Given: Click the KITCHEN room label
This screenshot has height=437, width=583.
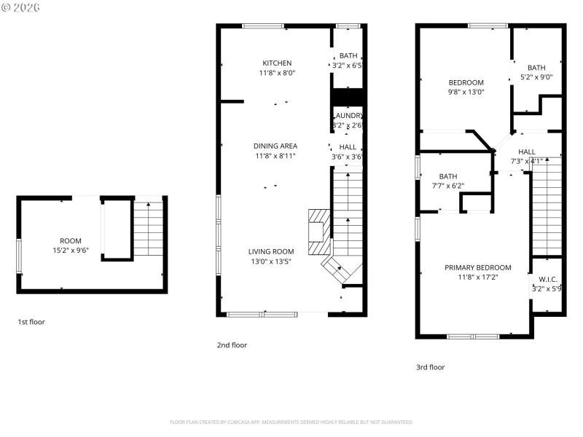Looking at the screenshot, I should pos(277,63).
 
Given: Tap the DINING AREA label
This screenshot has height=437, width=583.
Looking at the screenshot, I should pos(275,146).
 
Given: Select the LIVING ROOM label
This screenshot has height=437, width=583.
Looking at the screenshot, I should pos(270,251).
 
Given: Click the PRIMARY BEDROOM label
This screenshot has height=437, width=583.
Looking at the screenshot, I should pos(477,267).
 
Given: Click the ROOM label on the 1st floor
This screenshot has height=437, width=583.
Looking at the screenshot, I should pos(71,240).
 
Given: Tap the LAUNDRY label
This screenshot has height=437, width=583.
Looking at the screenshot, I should pos(348,116).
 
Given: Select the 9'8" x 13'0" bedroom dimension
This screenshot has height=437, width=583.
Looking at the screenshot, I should pos(466,92).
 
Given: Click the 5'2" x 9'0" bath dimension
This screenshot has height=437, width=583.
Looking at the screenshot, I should pos(536,77).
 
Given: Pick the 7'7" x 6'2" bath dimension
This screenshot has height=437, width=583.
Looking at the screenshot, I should pos(447,186).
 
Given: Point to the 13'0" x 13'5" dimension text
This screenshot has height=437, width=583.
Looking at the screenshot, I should pos(270,261).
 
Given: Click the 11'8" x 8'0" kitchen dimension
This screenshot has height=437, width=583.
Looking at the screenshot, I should pos(277,73).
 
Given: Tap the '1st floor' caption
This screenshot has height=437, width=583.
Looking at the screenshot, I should pos(31,321).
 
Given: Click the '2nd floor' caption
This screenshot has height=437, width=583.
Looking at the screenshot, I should pos(232,345).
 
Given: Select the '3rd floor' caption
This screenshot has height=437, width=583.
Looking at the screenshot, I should pos(430,367).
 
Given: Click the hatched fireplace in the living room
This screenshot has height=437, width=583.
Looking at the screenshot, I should pos(319,232).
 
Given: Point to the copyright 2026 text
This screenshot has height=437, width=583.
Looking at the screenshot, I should pos(21,7).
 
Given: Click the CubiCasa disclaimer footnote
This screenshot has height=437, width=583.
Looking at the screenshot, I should pos(291,422).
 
